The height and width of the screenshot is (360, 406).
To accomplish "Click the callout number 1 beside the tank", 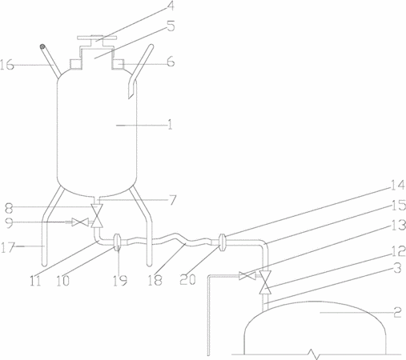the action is (x=170, y=125).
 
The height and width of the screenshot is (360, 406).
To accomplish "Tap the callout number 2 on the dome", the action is (x=397, y=312).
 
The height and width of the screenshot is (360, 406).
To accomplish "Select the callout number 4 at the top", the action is (x=169, y=6).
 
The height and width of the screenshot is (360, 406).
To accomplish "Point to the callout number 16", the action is (x=6, y=65).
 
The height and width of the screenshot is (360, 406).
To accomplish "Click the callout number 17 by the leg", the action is (x=6, y=248).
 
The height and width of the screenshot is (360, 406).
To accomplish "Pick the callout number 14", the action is (x=397, y=185).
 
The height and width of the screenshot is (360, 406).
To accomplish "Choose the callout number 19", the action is (x=120, y=281).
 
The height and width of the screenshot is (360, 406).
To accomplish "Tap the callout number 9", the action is (x=9, y=223).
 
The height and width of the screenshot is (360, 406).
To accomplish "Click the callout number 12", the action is (x=399, y=251).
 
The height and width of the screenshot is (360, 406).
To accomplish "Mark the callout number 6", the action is (x=171, y=62).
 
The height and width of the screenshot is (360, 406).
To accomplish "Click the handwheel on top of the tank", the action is (x=97, y=38).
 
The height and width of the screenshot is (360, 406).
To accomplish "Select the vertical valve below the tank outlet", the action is (x=97, y=216).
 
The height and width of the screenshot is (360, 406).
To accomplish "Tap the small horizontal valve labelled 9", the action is (x=80, y=222).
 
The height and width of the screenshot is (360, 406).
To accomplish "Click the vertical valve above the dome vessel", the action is (x=265, y=282).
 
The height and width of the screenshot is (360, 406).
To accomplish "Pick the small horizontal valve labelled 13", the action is (x=247, y=276).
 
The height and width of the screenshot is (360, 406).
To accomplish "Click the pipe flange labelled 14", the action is (x=222, y=242).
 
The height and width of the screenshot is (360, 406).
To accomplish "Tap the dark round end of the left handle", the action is (x=42, y=46).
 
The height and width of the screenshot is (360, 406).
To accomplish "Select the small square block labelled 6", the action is (x=119, y=64).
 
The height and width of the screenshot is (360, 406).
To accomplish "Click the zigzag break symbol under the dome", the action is (x=315, y=354).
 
